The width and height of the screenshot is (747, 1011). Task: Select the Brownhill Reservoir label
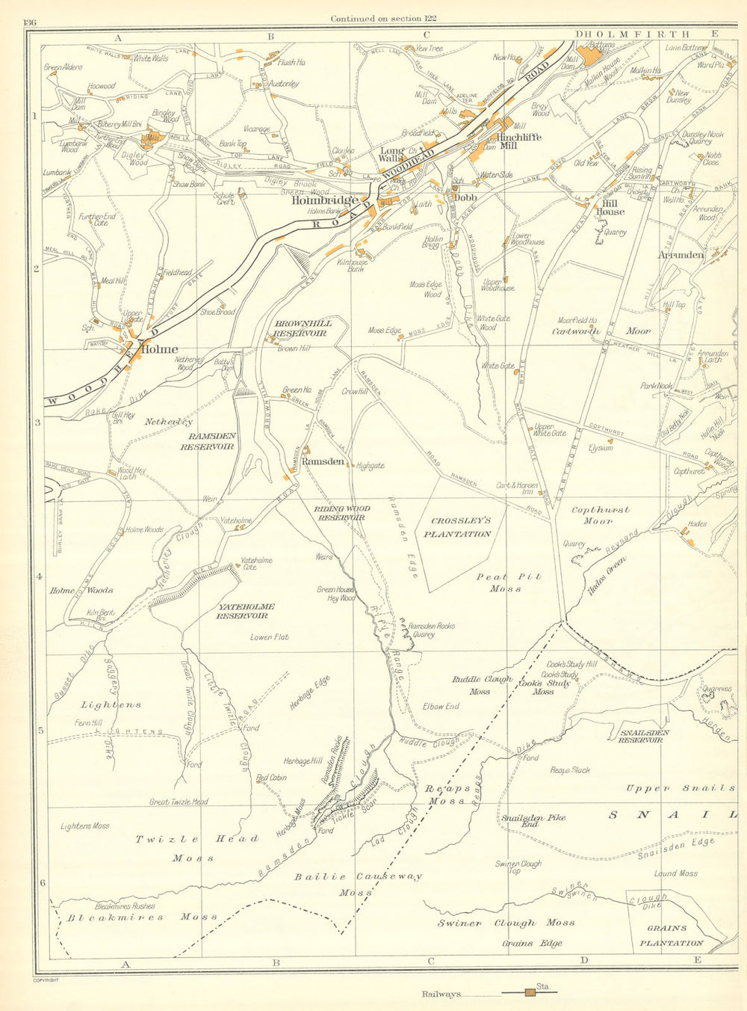300,328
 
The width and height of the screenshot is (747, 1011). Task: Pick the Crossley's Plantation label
457,528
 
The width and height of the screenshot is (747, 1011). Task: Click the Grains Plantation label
670,935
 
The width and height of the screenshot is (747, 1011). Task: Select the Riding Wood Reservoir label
341,512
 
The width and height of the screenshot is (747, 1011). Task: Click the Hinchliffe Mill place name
518,141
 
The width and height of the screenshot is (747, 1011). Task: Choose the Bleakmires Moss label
142,917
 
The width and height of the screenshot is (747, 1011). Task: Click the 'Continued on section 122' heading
384,18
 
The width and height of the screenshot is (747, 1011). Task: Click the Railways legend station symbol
530,992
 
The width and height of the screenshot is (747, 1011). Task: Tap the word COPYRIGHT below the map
46,979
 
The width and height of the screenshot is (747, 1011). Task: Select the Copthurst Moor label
601,515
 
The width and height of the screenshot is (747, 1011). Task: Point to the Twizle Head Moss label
196,848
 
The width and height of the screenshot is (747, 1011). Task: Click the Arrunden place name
681,255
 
